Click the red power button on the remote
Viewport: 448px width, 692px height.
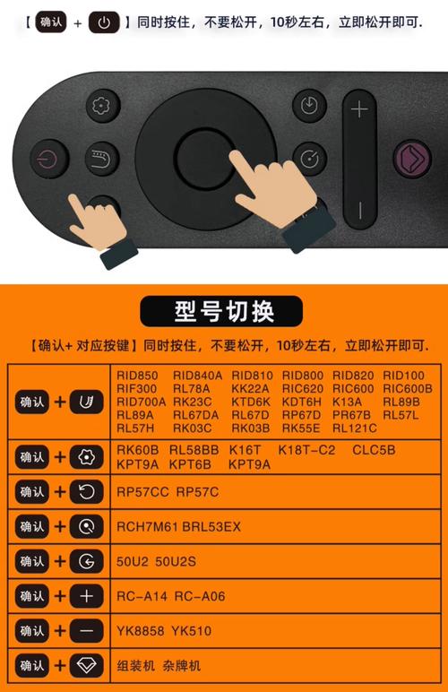(x=49, y=159)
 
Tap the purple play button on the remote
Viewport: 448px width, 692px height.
(x=412, y=159)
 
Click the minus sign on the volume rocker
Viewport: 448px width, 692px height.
(x=360, y=210)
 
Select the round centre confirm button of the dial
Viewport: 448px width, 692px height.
(x=205, y=158)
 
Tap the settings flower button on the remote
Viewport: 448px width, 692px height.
(x=102, y=106)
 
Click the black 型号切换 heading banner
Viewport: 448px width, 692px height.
(x=221, y=312)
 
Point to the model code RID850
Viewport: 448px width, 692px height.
(x=137, y=376)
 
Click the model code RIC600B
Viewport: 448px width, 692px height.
(x=408, y=389)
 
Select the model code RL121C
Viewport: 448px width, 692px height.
(x=355, y=428)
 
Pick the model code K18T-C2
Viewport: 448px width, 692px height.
(x=307, y=450)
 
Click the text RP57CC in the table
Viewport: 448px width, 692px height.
(x=142, y=492)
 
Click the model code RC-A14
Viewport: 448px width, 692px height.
(x=142, y=597)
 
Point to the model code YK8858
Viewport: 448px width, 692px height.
(x=140, y=631)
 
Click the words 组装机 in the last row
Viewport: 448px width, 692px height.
(x=136, y=666)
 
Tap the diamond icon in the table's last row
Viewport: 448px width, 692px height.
(x=86, y=665)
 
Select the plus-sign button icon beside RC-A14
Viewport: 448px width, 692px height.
(x=86, y=596)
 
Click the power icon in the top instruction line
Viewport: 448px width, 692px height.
(x=104, y=22)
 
